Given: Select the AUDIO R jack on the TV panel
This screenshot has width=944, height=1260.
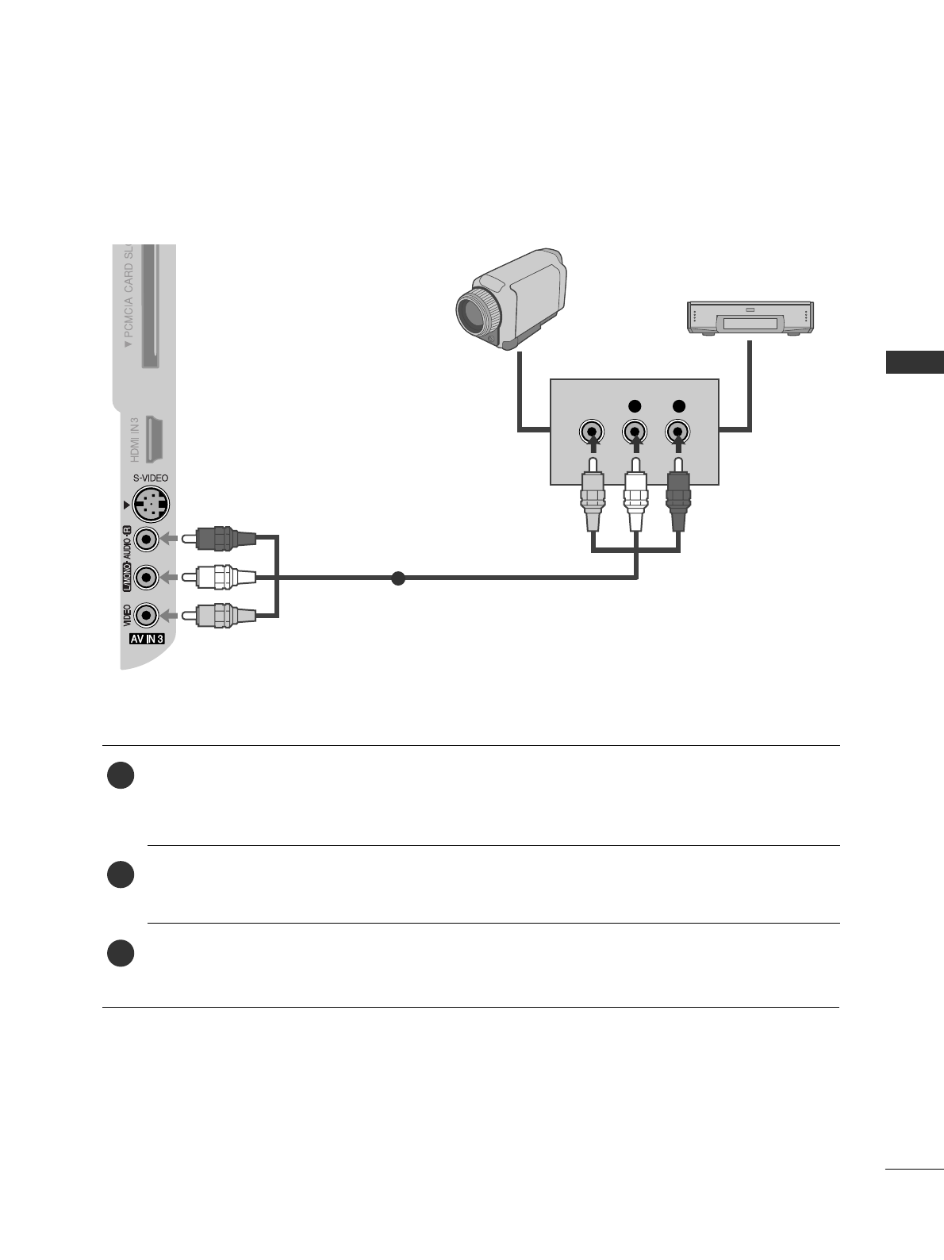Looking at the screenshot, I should pyautogui.click(x=146, y=540).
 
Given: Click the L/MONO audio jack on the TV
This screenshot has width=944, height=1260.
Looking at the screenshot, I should pyautogui.click(x=146, y=577).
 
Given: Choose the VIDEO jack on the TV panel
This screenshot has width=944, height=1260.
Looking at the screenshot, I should pyautogui.click(x=146, y=616).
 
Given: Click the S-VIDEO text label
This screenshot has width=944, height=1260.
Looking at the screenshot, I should pyautogui.click(x=151, y=478).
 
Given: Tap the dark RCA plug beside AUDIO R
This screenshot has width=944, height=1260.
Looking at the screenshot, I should pyautogui.click(x=224, y=539).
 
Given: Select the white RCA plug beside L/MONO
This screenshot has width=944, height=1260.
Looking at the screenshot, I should pyautogui.click(x=224, y=577).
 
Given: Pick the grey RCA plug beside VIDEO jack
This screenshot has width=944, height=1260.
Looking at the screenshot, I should pyautogui.click(x=224, y=615).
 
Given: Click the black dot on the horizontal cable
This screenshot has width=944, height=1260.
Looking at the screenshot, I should pyautogui.click(x=398, y=578).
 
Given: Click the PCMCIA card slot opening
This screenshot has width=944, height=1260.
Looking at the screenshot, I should pyautogui.click(x=149, y=305).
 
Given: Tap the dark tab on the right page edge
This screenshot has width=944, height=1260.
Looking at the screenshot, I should pyautogui.click(x=915, y=362).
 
